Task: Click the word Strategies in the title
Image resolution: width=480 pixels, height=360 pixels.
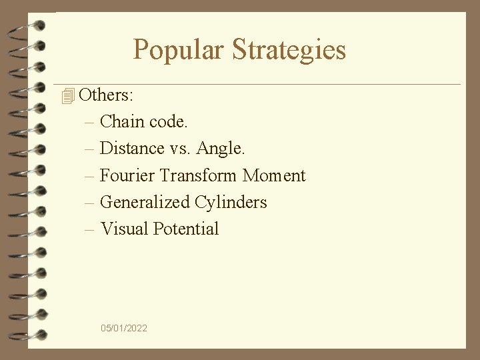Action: (x=289, y=50)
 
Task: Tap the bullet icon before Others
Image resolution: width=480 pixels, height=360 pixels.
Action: (x=66, y=97)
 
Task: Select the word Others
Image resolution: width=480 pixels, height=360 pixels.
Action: (x=105, y=95)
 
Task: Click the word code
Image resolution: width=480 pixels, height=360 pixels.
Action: (x=169, y=122)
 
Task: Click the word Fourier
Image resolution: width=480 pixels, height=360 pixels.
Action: (x=128, y=175)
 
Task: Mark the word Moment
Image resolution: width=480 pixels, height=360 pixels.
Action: (x=274, y=175)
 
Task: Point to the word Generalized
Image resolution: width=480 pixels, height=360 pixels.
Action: (x=145, y=202)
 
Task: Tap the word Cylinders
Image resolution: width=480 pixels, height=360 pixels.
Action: (x=231, y=202)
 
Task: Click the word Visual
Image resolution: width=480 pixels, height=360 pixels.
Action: (x=124, y=229)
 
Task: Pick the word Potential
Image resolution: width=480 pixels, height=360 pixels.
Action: (x=186, y=229)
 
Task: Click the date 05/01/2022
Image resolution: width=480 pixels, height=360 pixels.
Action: (x=124, y=328)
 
